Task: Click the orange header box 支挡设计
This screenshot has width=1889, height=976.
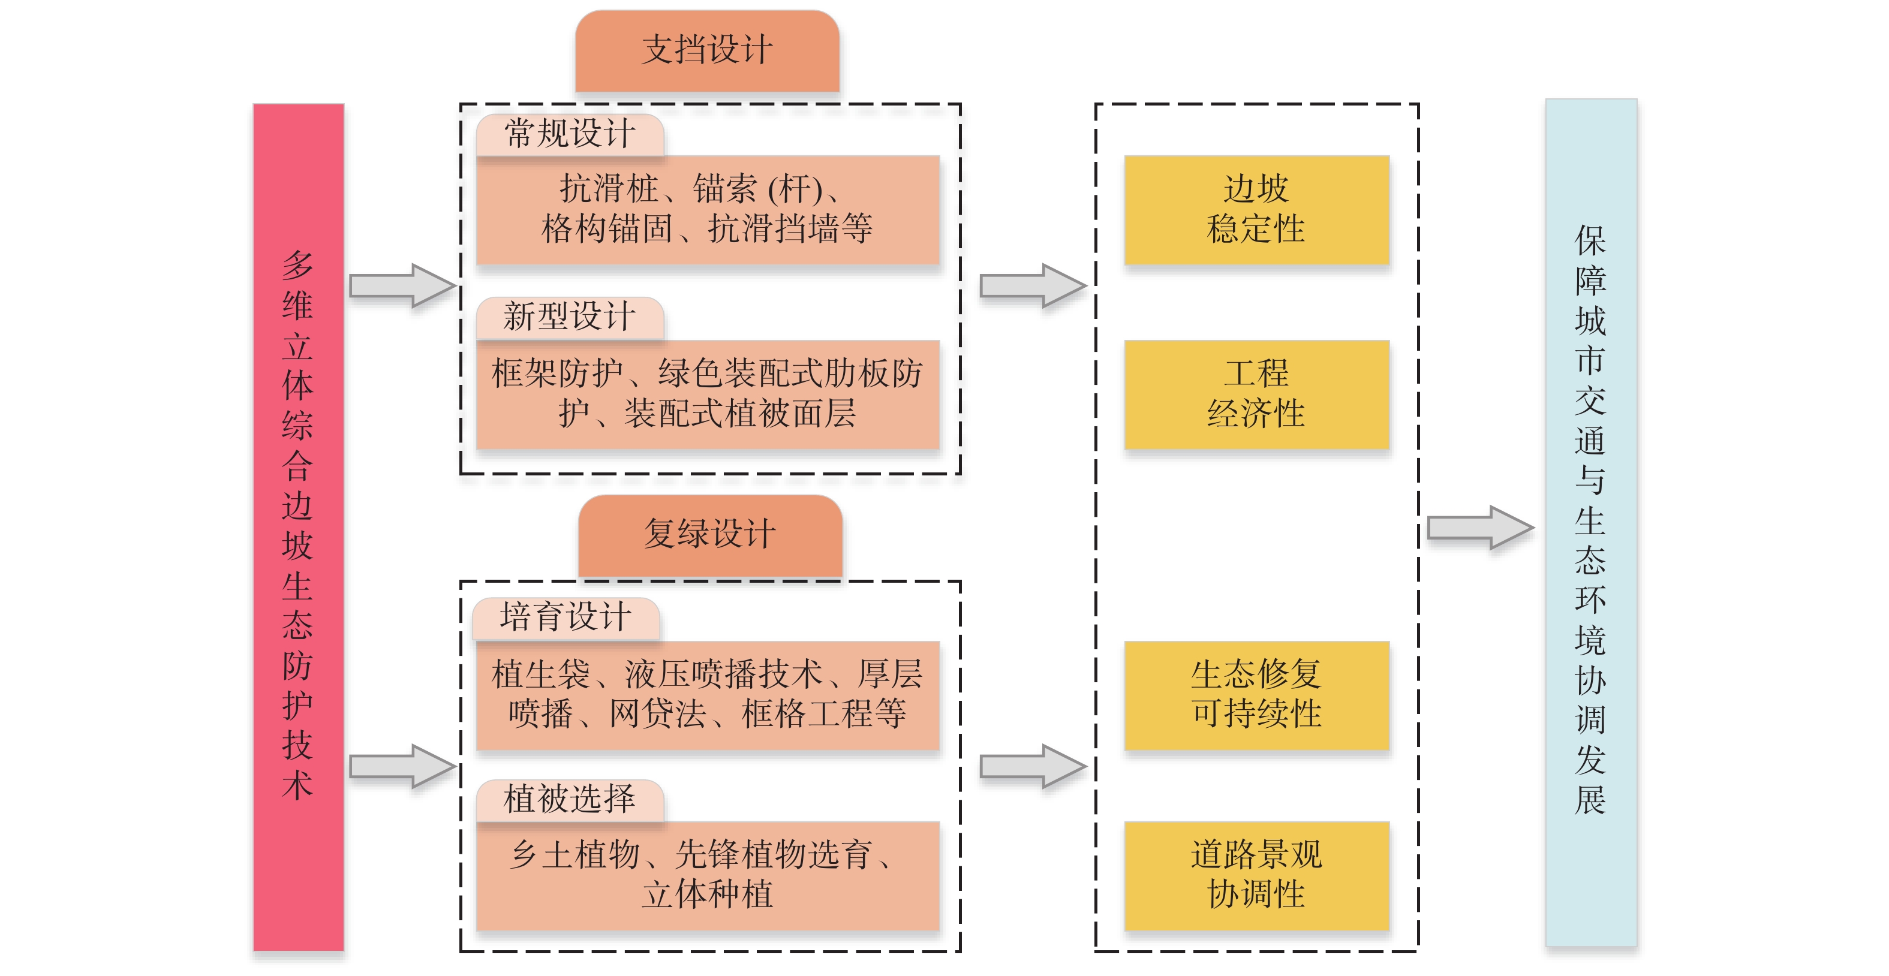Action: [707, 50]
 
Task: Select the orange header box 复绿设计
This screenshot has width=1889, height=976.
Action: [710, 534]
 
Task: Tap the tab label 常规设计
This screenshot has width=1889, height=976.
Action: [570, 134]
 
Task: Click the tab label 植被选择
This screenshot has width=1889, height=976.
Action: [570, 799]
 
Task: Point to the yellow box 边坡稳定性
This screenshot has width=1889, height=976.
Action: [1256, 210]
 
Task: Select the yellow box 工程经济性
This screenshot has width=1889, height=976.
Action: [1256, 394]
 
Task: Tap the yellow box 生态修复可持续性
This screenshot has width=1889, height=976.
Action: [1256, 694]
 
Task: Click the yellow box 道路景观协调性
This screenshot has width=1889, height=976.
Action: [1256, 875]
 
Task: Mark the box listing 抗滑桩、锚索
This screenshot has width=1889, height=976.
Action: [708, 210]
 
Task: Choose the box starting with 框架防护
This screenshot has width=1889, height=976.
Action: [708, 394]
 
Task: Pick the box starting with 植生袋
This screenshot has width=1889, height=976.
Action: [708, 694]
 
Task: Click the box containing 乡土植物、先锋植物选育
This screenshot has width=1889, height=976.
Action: [708, 875]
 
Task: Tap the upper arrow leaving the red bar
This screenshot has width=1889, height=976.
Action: [402, 285]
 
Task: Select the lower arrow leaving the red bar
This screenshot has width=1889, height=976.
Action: [402, 766]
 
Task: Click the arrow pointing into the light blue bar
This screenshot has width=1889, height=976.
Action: [1480, 527]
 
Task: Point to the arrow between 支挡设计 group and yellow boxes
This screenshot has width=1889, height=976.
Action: [1033, 285]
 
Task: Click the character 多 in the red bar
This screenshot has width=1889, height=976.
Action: [297, 265]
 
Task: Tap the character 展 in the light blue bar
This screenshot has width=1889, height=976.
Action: [1590, 800]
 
